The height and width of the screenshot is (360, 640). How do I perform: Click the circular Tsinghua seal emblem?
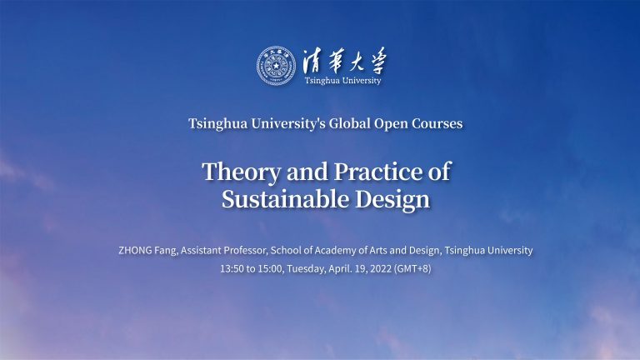pos(277,65)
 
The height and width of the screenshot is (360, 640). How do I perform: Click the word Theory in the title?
pos(236,172)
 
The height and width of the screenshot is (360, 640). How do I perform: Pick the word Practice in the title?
pos(372,172)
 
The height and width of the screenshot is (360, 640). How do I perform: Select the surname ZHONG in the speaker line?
pos(137,250)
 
